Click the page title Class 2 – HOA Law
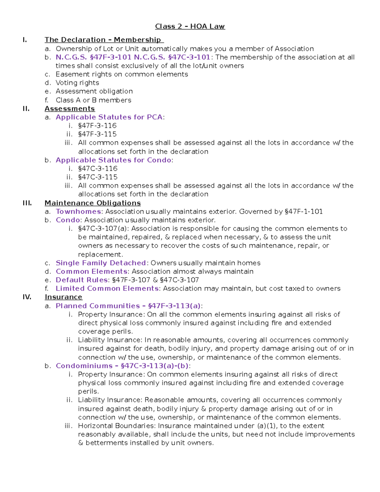coord(190,26)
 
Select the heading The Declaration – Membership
coord(104,40)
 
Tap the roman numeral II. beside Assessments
coord(26,109)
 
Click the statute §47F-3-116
coord(97,126)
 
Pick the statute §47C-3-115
coord(98,177)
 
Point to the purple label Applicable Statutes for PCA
coord(109,117)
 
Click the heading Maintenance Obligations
coord(92,203)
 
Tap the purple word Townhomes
coord(79,212)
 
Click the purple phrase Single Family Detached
coord(101,263)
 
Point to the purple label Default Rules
coord(82,280)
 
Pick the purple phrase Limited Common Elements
coord(107,289)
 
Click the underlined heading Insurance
coord(63,297)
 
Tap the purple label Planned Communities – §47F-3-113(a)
coord(128,306)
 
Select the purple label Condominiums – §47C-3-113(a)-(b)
coord(122,366)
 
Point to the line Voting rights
coord(77,83)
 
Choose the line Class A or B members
coord(93,100)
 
